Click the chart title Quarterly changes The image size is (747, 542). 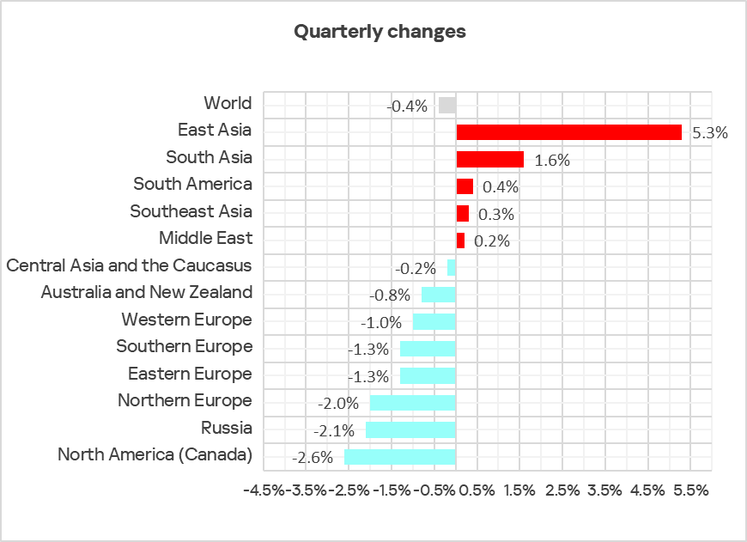click(x=380, y=32)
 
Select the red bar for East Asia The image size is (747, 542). click(x=568, y=132)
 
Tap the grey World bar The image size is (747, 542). click(x=446, y=105)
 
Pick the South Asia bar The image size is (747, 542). click(x=489, y=159)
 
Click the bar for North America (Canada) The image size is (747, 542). click(x=399, y=456)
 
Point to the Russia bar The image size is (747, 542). click(x=410, y=429)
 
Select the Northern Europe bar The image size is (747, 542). click(x=412, y=402)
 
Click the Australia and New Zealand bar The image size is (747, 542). click(x=438, y=295)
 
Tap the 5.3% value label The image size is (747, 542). click(x=709, y=133)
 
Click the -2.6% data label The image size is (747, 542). click(x=313, y=457)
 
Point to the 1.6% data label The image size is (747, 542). click(x=551, y=160)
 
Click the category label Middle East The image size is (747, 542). click(x=205, y=238)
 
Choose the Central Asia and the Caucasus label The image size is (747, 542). click(x=129, y=265)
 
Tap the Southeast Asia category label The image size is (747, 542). click(x=191, y=211)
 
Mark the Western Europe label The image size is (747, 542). click(x=186, y=320)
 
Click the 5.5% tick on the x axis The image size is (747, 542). click(x=690, y=490)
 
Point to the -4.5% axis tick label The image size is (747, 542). click(x=264, y=490)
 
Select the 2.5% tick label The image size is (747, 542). click(x=562, y=490)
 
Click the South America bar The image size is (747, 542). click(x=465, y=186)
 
